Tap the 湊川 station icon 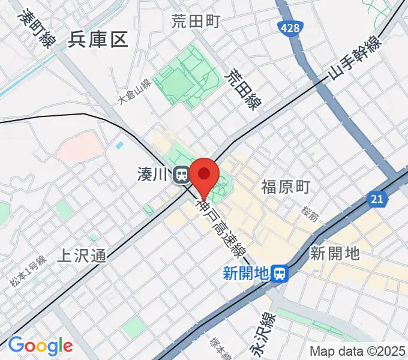pyautogui.click(x=180, y=175)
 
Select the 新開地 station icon pyautogui.click(x=279, y=274)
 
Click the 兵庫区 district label pyautogui.click(x=98, y=40)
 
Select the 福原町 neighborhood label pyautogui.click(x=286, y=188)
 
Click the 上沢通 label pyautogui.click(x=82, y=256)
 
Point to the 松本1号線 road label pyautogui.click(x=28, y=271)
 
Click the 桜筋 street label pyautogui.click(x=310, y=214)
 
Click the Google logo pyautogui.click(x=40, y=346)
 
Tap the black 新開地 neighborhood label pyautogui.click(x=334, y=253)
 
